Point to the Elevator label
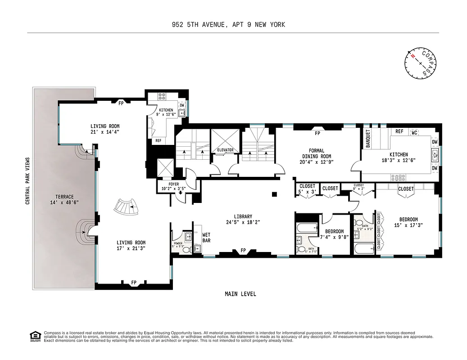tap(225, 150)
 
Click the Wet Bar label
tap(206, 238)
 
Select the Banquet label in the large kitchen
tap(368, 139)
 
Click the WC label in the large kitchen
tap(414, 132)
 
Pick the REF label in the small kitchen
tap(159, 140)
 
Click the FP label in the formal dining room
tap(317, 133)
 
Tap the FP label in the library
tap(243, 251)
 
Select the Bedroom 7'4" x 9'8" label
tap(334, 234)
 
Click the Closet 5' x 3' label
tap(307, 189)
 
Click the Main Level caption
tap(240, 294)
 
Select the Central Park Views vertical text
tap(27, 181)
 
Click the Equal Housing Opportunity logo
tap(33, 335)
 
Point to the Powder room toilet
tap(197, 248)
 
